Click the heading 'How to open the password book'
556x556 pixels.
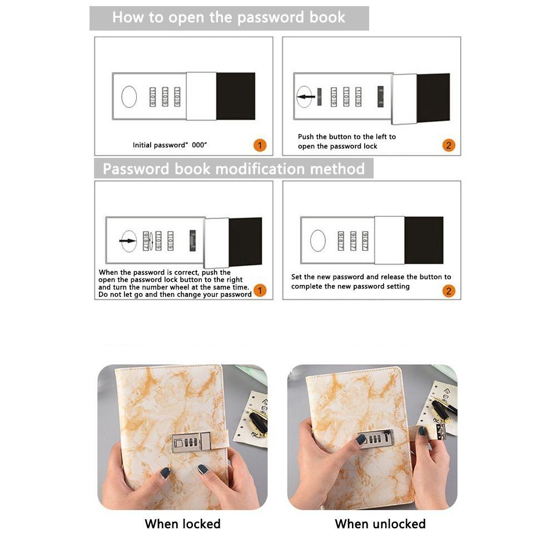[x=229, y=17]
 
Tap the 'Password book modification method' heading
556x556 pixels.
[x=234, y=169]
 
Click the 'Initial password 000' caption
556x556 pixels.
[x=170, y=145]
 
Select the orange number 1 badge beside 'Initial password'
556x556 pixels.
[x=260, y=145]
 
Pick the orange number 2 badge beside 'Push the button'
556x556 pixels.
[x=449, y=145]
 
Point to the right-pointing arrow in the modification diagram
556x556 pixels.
[x=128, y=241]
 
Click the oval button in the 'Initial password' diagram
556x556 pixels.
[x=129, y=96]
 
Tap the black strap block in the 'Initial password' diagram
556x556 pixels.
[x=235, y=96]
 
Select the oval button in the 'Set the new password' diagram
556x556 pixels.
[x=317, y=240]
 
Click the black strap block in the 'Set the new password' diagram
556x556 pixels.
[x=424, y=240]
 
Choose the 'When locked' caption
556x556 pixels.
[x=182, y=524]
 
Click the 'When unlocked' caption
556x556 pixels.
[x=380, y=524]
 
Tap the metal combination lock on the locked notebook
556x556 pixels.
[x=191, y=442]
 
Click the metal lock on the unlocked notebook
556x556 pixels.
[x=376, y=439]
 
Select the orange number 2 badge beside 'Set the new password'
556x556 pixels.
[x=449, y=291]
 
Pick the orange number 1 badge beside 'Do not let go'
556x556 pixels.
[x=260, y=290]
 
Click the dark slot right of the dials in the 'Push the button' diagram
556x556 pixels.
[x=380, y=96]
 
